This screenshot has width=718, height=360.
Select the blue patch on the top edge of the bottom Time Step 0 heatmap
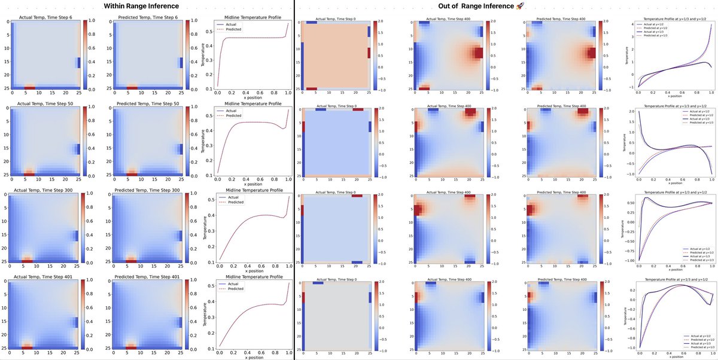pyautogui.click(x=318, y=283)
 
